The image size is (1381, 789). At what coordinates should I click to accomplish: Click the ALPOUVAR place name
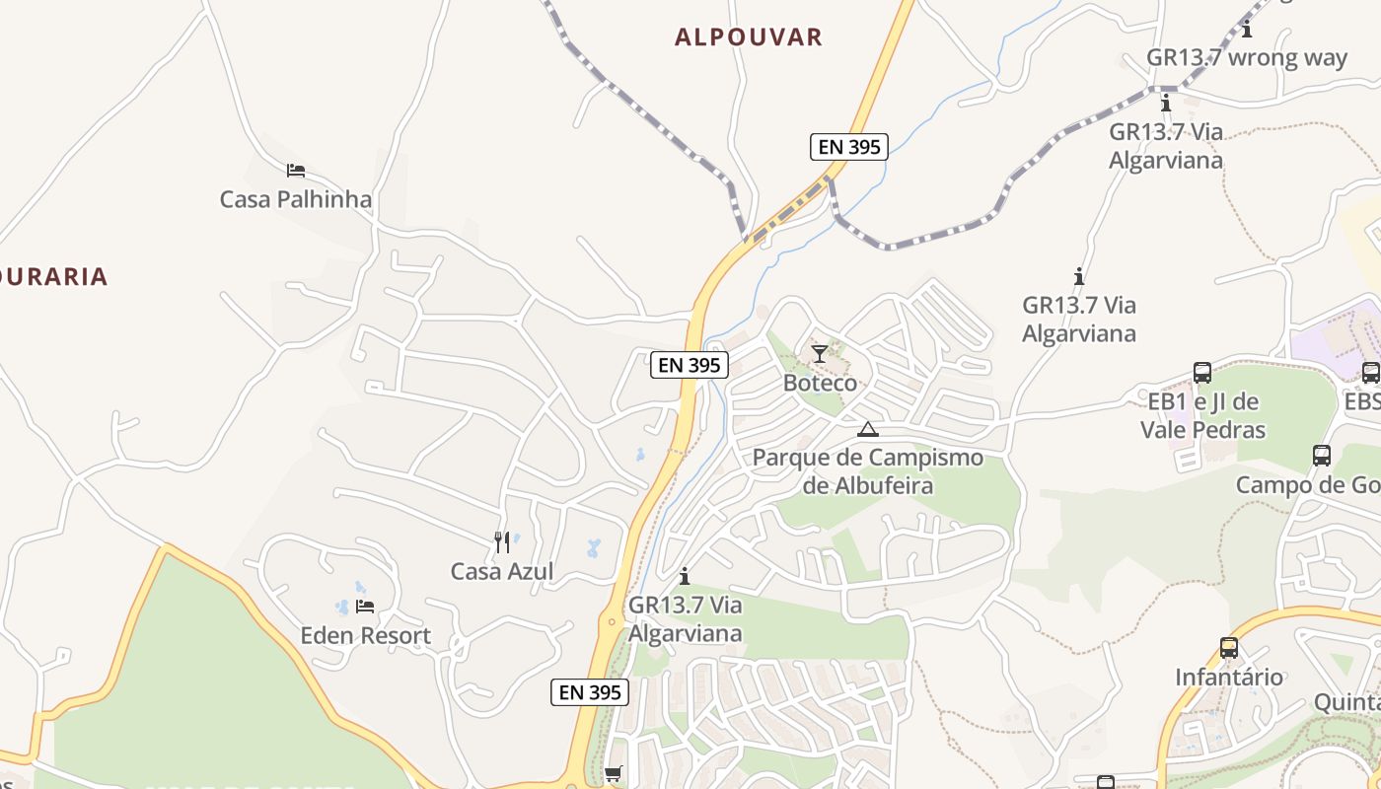pyautogui.click(x=748, y=37)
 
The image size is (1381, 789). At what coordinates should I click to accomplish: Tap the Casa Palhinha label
pyautogui.click(x=295, y=199)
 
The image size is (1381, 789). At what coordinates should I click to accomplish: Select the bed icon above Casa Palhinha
pyautogui.click(x=295, y=171)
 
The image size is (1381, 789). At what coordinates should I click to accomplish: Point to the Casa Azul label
pyautogui.click(x=501, y=571)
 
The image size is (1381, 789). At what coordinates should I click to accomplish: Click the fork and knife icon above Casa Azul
pyautogui.click(x=502, y=541)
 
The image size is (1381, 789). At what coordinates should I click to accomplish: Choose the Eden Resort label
pyautogui.click(x=365, y=635)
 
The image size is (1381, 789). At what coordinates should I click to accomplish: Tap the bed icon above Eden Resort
pyautogui.click(x=365, y=606)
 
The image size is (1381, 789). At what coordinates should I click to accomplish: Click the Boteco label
pyautogui.click(x=820, y=382)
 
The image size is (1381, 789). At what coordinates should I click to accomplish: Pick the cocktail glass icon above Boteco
pyautogui.click(x=820, y=353)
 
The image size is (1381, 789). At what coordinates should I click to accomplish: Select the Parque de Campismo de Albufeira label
pyautogui.click(x=867, y=471)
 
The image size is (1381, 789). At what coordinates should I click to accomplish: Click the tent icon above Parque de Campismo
pyautogui.click(x=867, y=429)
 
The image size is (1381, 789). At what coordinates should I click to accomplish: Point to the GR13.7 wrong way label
pyautogui.click(x=1246, y=57)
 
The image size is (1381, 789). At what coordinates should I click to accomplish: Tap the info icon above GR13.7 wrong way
pyautogui.click(x=1247, y=29)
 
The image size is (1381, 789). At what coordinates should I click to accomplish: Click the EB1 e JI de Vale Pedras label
pyautogui.click(x=1202, y=415)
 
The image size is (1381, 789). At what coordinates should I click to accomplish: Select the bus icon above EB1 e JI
pyautogui.click(x=1202, y=373)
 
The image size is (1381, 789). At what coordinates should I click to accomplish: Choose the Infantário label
pyautogui.click(x=1228, y=677)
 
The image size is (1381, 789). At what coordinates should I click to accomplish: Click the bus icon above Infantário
pyautogui.click(x=1228, y=648)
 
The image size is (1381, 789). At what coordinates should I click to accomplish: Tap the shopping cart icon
pyautogui.click(x=614, y=773)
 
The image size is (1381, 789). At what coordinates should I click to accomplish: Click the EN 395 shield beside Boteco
pyautogui.click(x=690, y=365)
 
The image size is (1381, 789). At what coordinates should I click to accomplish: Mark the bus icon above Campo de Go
pyautogui.click(x=1322, y=456)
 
